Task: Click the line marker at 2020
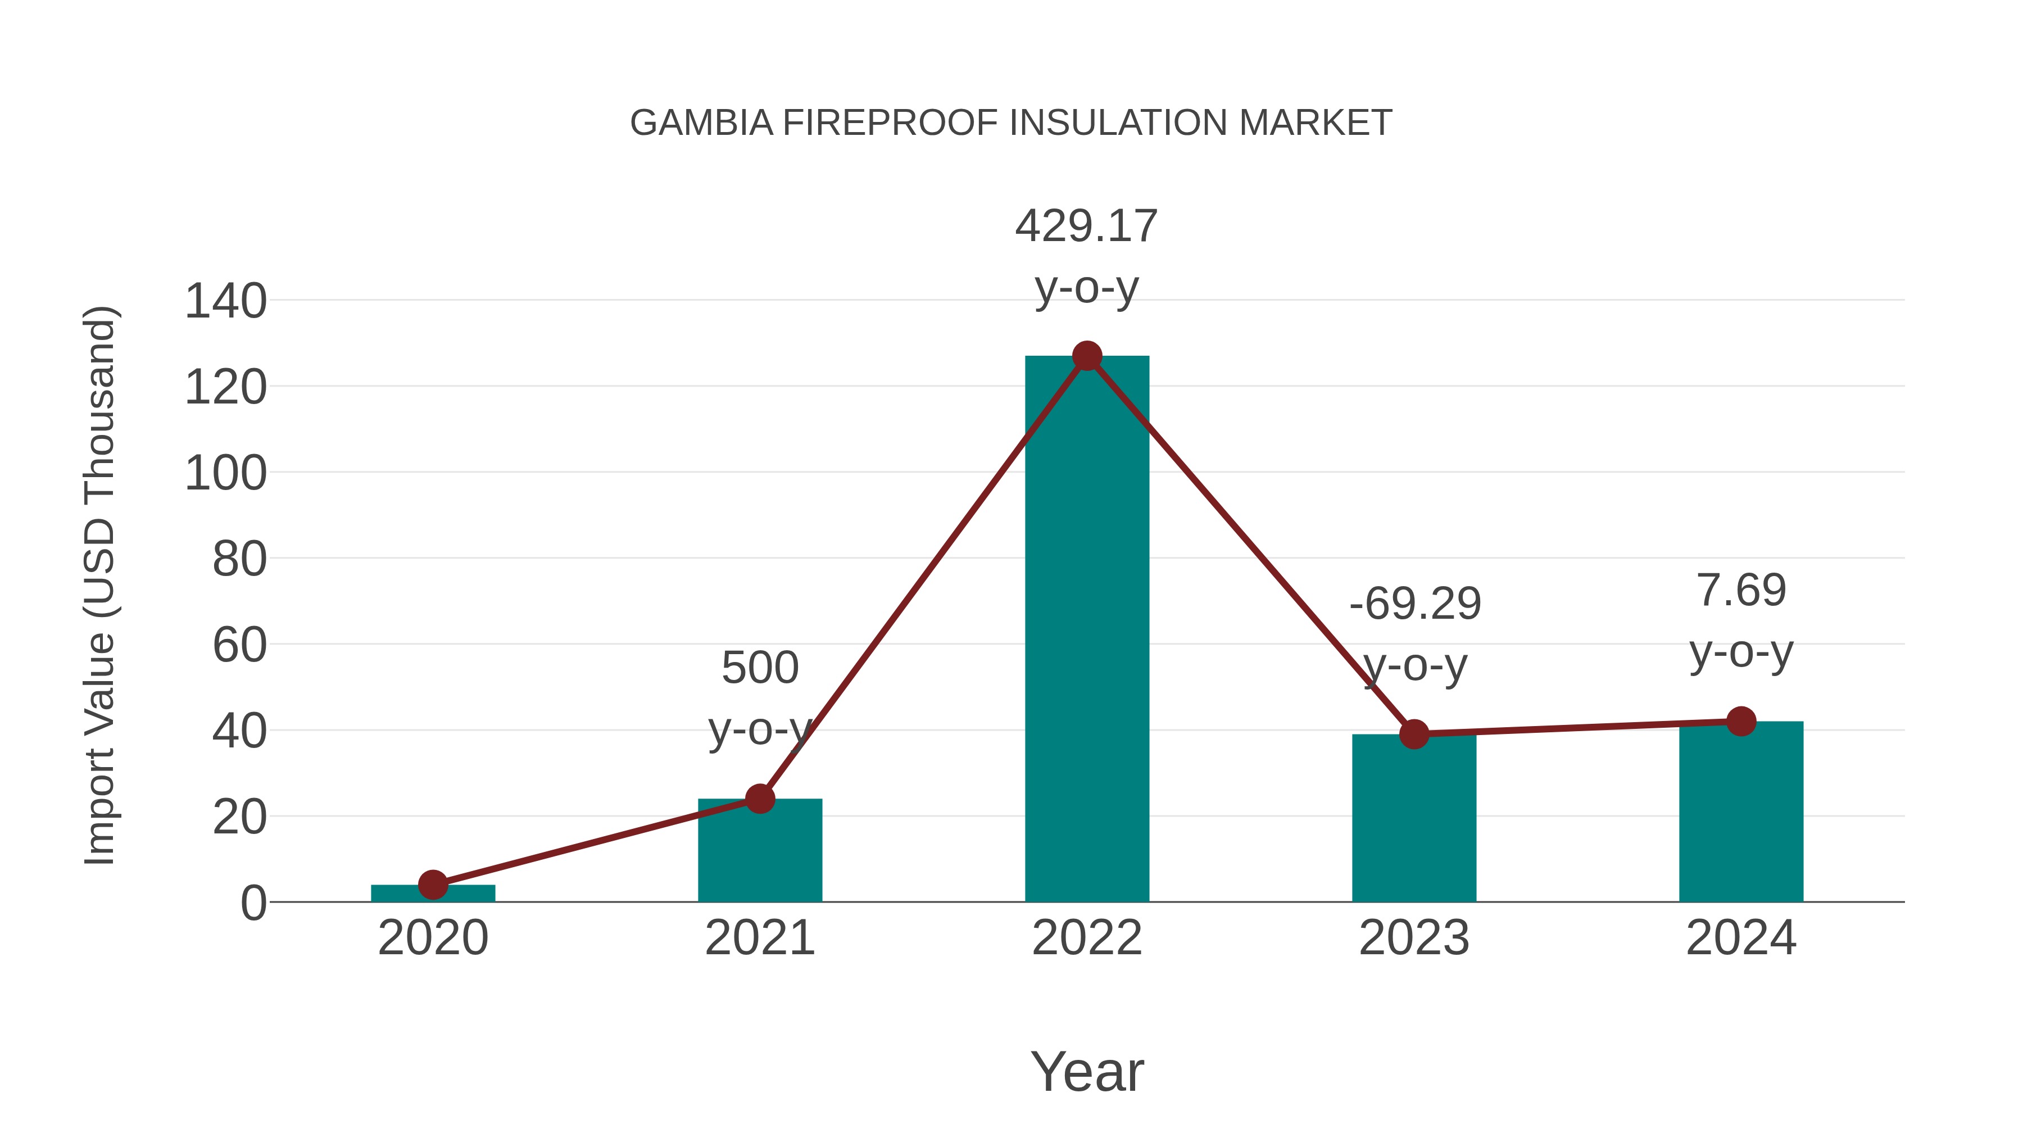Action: (x=433, y=885)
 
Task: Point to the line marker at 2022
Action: (x=1087, y=356)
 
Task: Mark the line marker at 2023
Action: (x=1414, y=735)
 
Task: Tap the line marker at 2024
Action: (x=1741, y=721)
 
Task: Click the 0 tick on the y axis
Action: (x=253, y=903)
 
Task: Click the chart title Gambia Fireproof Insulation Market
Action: (x=1011, y=123)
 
